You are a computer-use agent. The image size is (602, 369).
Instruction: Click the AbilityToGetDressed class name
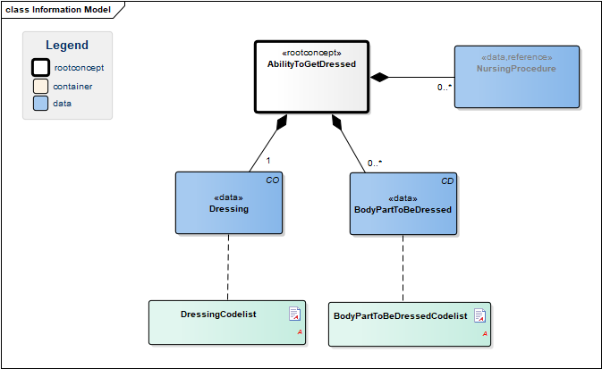pyautogui.click(x=311, y=64)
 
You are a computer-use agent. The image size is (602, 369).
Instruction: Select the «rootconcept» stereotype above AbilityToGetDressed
pyautogui.click(x=311, y=53)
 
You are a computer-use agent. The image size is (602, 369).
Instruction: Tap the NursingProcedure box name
pyautogui.click(x=516, y=69)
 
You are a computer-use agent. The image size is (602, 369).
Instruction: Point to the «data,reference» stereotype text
pyautogui.click(x=517, y=57)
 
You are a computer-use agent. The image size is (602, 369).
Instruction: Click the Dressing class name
pyautogui.click(x=229, y=209)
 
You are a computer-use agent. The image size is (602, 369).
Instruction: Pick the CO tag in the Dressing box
pyautogui.click(x=273, y=180)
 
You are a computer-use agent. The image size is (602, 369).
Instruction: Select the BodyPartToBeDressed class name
pyautogui.click(x=403, y=210)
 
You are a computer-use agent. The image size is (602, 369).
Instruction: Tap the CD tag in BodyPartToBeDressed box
pyautogui.click(x=447, y=181)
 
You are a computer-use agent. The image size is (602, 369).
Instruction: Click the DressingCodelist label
pyautogui.click(x=218, y=314)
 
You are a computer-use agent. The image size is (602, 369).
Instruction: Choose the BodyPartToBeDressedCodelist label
pyautogui.click(x=401, y=316)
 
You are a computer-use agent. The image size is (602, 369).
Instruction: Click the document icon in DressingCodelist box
pyautogui.click(x=294, y=314)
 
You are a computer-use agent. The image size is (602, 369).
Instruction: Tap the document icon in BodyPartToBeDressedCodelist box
pyautogui.click(x=480, y=315)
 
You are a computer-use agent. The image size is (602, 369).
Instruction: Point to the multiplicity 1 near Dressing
pyautogui.click(x=268, y=161)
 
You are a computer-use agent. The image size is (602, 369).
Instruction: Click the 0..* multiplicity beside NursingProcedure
pyautogui.click(x=445, y=87)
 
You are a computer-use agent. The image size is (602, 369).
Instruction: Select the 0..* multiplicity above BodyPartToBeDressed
pyautogui.click(x=375, y=163)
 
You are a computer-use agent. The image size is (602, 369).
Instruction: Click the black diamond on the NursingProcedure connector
pyautogui.click(x=379, y=77)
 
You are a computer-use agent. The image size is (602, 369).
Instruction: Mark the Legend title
pyautogui.click(x=67, y=45)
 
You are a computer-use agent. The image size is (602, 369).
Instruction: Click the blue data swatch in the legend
pyautogui.click(x=40, y=103)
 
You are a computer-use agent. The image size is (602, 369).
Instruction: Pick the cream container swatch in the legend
pyautogui.click(x=40, y=87)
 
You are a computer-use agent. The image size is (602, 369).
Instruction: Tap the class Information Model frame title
pyautogui.click(x=58, y=10)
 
